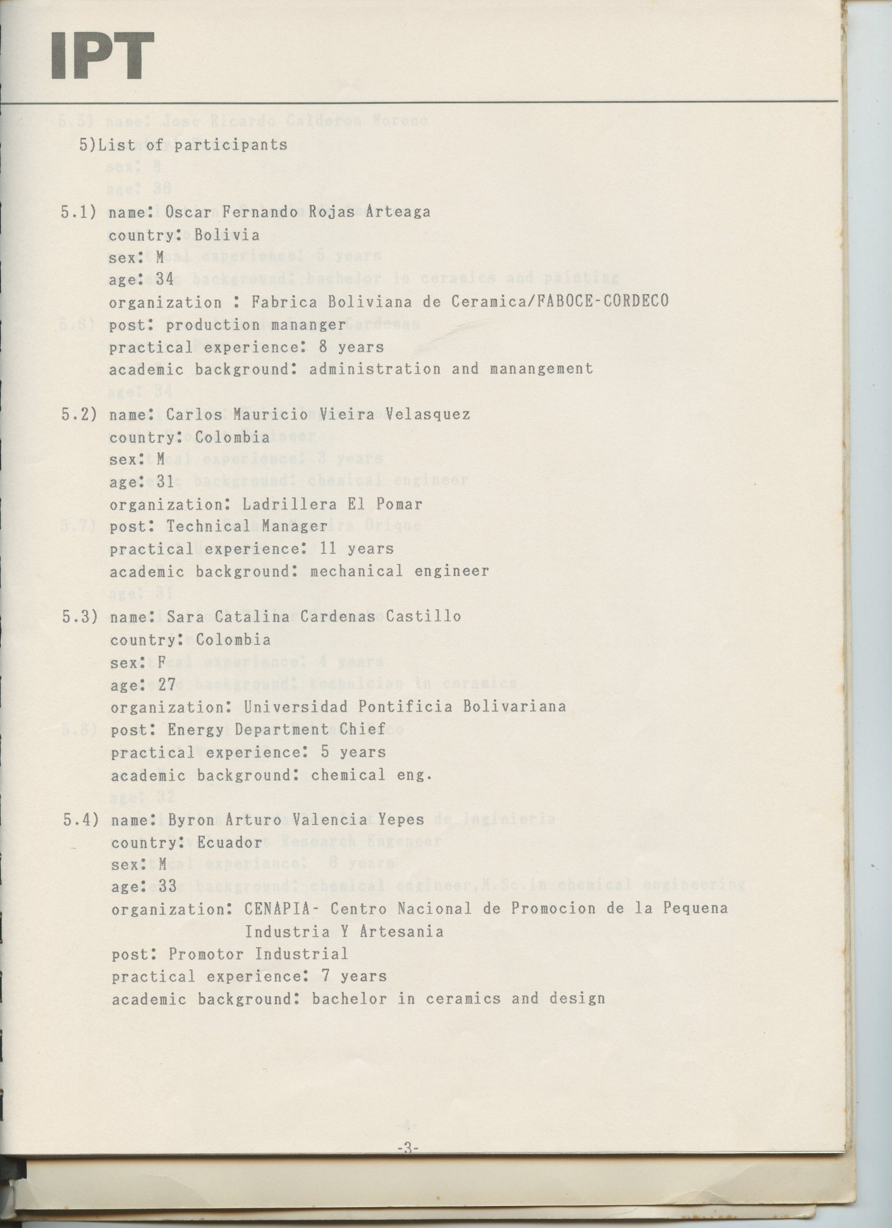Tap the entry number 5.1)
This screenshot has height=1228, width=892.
[x=79, y=212]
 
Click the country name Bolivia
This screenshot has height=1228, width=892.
[x=227, y=235]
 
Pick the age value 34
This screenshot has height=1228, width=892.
[x=165, y=280]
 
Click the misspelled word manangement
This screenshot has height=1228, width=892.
[x=541, y=369]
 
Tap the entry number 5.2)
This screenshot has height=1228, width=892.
[x=80, y=415]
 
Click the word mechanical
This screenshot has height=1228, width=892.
[x=357, y=571]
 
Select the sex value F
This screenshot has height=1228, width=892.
[x=161, y=661]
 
